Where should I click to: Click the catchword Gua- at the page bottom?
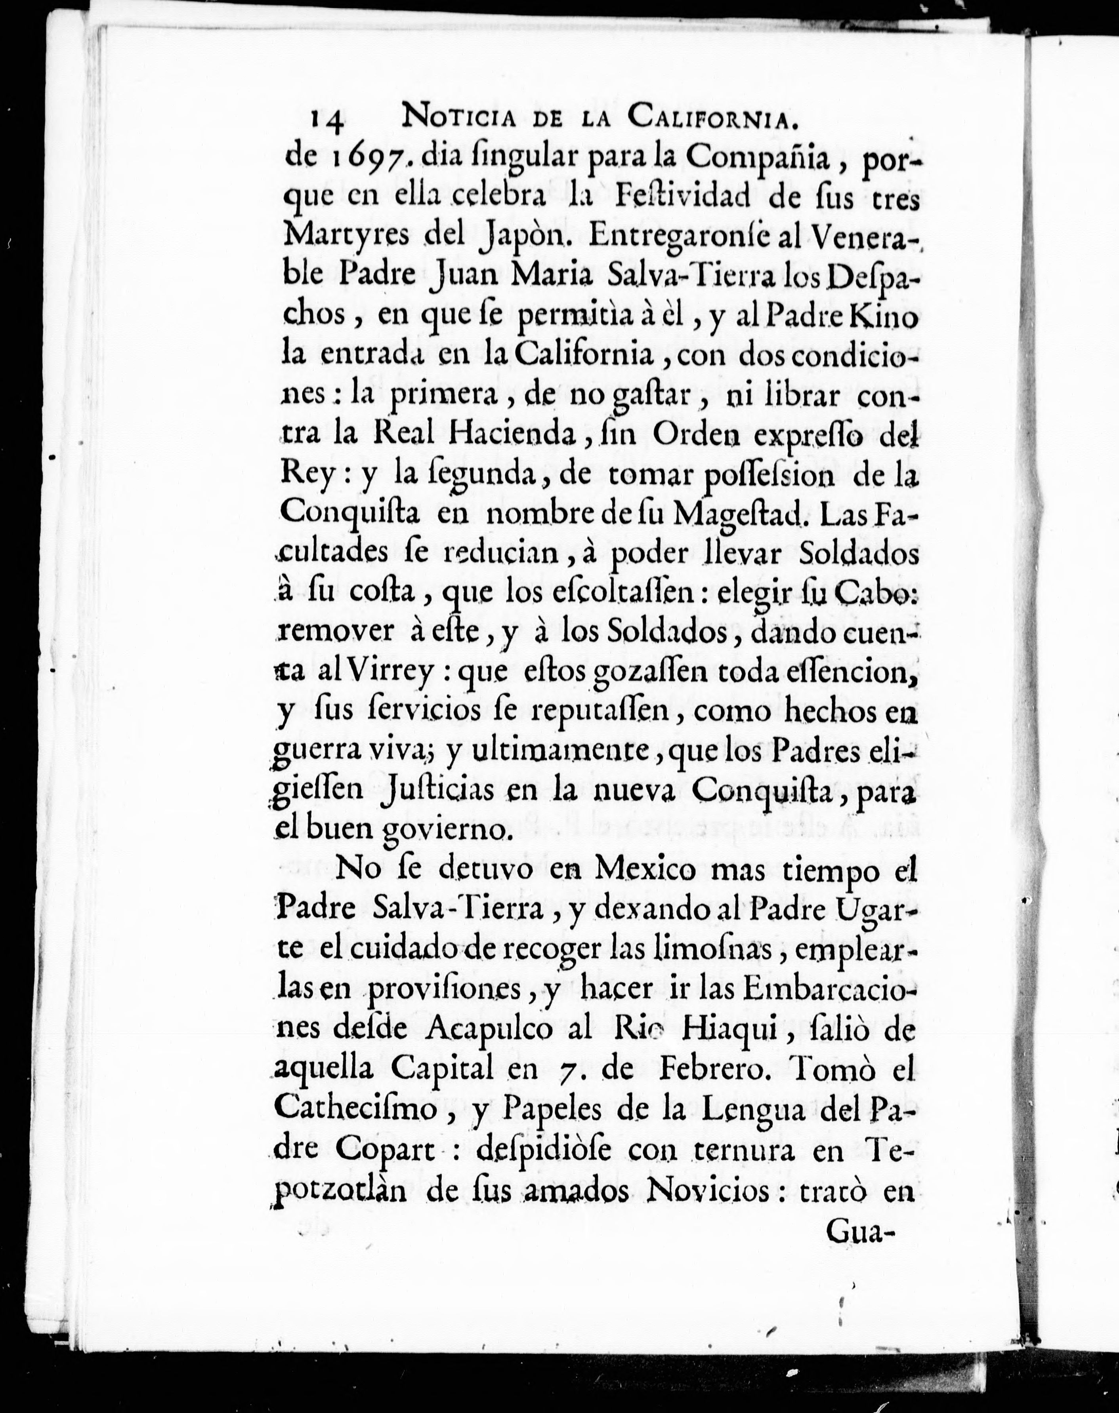pos(861,1232)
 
